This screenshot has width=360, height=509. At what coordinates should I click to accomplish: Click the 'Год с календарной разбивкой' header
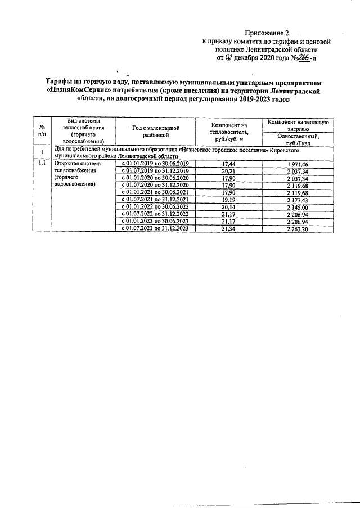coord(156,132)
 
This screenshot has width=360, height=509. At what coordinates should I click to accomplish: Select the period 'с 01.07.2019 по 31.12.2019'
coord(156,170)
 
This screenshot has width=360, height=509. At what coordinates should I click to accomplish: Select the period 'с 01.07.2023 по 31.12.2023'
coord(156,229)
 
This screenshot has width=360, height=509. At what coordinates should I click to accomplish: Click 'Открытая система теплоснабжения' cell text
coord(75,167)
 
